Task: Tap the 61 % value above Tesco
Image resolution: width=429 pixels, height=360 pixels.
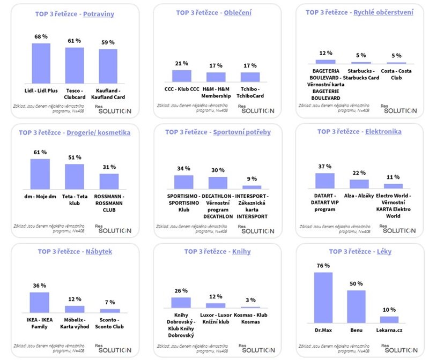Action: tap(75, 41)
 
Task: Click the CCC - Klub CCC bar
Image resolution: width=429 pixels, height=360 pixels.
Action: tap(181, 76)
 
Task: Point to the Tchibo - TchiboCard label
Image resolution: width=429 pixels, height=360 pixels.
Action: tap(250, 93)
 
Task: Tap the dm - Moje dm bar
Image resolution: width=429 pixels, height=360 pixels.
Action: tap(40, 174)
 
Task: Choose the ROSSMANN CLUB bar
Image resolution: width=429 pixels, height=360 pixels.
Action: tap(109, 181)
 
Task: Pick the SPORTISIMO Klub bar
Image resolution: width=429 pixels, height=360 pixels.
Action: tap(183, 182)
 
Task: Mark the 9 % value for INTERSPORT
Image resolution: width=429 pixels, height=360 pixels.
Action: tap(252, 179)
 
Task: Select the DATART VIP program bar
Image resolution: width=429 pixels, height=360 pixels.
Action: tap(325, 181)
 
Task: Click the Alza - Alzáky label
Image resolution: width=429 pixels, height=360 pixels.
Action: tap(359, 196)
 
